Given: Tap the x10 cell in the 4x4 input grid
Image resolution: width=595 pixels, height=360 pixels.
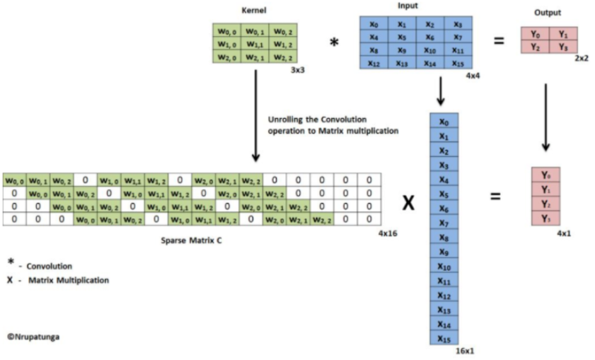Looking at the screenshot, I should (431, 51).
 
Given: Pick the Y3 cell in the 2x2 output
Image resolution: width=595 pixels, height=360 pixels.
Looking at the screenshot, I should (562, 47).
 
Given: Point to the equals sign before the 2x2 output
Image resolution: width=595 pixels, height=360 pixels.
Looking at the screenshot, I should (499, 41).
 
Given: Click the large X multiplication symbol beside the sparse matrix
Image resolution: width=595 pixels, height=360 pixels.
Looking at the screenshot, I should (408, 204).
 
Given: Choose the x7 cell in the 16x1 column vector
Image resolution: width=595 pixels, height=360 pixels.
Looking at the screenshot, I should (444, 223).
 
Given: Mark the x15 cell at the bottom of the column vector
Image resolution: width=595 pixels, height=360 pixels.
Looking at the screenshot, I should (444, 339).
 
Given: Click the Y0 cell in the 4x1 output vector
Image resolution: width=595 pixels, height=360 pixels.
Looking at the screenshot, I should (545, 175).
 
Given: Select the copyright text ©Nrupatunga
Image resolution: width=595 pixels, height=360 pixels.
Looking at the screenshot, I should (34, 337).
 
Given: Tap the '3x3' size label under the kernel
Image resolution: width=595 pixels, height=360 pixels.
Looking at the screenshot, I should (297, 71).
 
